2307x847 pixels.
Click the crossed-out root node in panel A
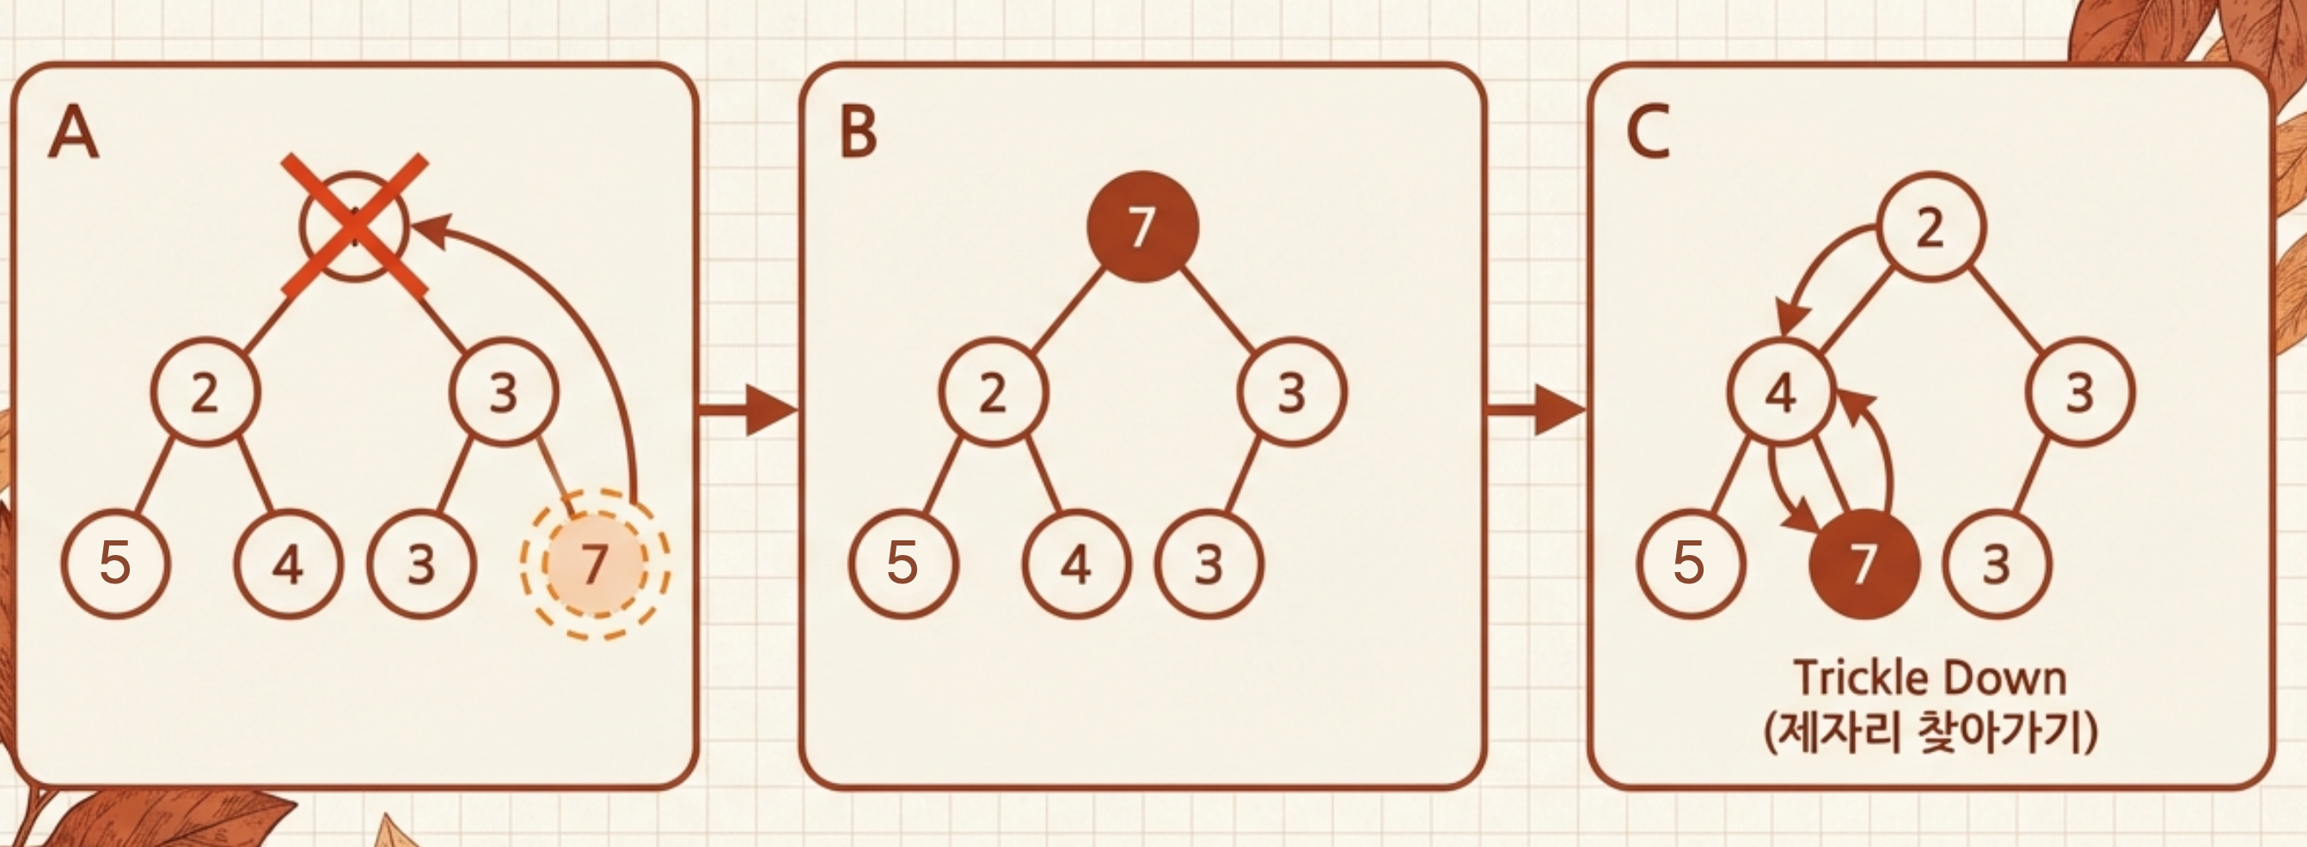click(x=355, y=227)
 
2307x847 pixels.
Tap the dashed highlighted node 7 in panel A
click(x=595, y=564)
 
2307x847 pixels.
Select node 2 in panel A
click(x=205, y=393)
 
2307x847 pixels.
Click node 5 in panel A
click(x=115, y=564)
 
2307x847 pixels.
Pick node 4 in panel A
click(x=289, y=564)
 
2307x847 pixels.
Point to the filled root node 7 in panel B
click(x=1141, y=227)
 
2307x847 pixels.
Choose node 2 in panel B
click(x=993, y=393)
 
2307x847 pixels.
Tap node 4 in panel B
click(x=1076, y=564)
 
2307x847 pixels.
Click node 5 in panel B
click(x=903, y=564)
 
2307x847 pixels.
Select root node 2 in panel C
click(x=1931, y=227)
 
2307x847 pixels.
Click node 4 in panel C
click(x=1781, y=393)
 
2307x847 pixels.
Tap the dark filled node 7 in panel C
click(x=1864, y=564)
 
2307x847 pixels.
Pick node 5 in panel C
click(x=1691, y=564)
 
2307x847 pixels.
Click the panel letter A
click(x=73, y=131)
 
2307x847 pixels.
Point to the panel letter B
click(x=858, y=131)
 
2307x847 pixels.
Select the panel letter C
click(x=1648, y=131)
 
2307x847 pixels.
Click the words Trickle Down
click(x=1931, y=678)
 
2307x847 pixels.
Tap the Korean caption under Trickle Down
click(x=1931, y=733)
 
